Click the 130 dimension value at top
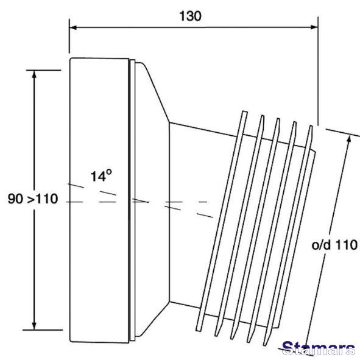click(x=190, y=16)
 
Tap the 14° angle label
click(x=101, y=176)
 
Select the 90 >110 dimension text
click(x=33, y=199)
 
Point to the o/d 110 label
click(x=334, y=245)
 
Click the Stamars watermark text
click(x=319, y=348)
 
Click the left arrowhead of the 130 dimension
click(x=73, y=27)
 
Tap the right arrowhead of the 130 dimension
click(x=314, y=27)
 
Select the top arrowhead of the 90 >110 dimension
click(x=34, y=75)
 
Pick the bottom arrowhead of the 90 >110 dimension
click(x=34, y=325)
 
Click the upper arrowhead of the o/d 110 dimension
click(x=349, y=139)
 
